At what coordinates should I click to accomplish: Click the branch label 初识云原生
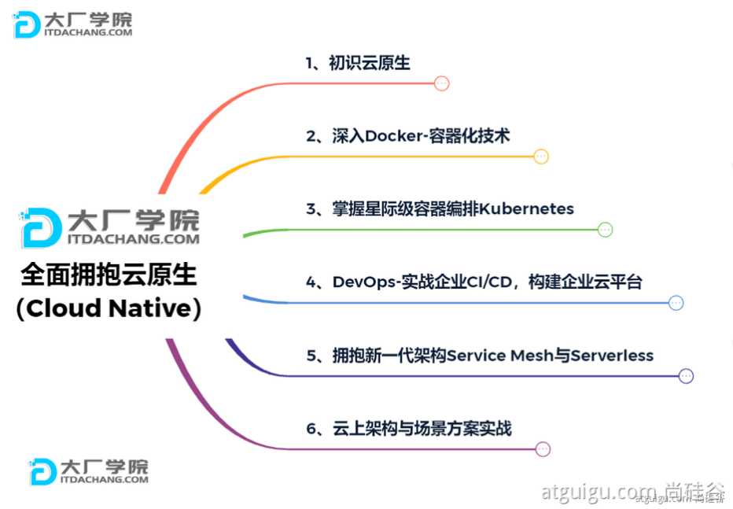tap(369, 63)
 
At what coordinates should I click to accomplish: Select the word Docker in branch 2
tap(394, 136)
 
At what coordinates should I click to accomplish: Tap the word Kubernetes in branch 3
tap(527, 209)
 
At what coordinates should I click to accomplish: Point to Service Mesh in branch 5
tap(499, 356)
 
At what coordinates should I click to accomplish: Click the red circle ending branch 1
tap(442, 83)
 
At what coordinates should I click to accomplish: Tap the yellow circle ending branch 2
tap(540, 157)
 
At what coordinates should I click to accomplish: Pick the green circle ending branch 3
tap(605, 230)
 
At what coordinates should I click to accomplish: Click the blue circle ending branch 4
tap(676, 303)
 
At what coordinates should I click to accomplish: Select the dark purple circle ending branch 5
tap(686, 376)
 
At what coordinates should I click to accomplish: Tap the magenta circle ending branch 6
tap(542, 449)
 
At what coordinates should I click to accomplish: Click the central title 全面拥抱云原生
tap(109, 275)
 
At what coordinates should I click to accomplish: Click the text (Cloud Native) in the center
tap(109, 308)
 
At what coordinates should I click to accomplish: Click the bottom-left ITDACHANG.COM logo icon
tap(42, 471)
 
